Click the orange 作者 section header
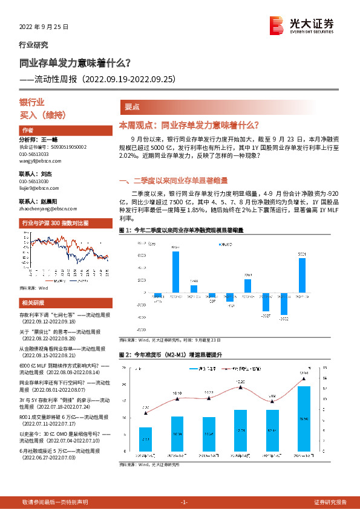click(x=28, y=130)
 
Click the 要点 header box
click(x=133, y=106)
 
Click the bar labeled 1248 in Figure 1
click(x=194, y=290)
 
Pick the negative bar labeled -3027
click(x=266, y=303)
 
